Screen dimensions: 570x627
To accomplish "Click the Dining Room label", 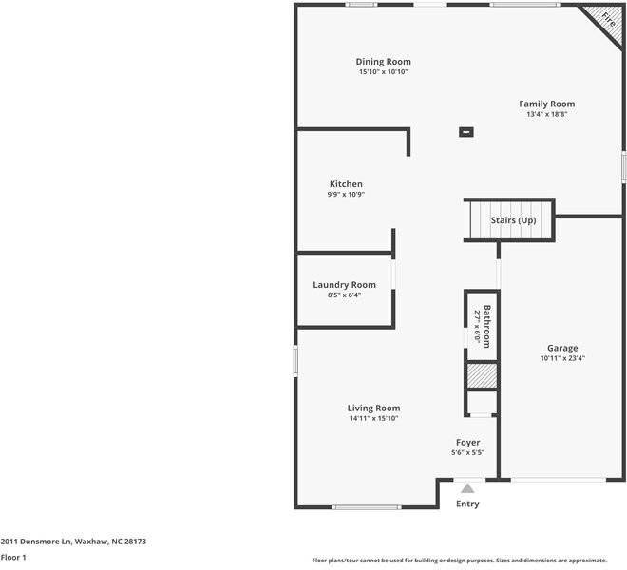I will [x=383, y=62].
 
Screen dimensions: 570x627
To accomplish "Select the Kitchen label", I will [x=346, y=184].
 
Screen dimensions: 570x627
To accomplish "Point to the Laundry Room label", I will [x=344, y=285].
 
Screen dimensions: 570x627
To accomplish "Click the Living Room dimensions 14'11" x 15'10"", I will [x=373, y=418].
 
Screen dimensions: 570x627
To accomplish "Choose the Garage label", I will [x=561, y=348].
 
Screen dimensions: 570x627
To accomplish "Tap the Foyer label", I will [x=467, y=443].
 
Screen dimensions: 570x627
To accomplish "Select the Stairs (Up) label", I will [x=513, y=220].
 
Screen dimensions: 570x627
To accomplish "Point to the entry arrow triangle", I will [x=467, y=488].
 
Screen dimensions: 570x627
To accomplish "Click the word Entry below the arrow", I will [x=467, y=503].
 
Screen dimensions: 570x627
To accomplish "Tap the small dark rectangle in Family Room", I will [x=465, y=132].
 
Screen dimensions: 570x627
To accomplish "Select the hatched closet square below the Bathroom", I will [x=482, y=375].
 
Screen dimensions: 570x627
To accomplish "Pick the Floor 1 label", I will [x=13, y=558].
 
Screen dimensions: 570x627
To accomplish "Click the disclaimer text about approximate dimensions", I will [x=466, y=560].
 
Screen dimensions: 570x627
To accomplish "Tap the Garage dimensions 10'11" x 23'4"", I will [x=561, y=358].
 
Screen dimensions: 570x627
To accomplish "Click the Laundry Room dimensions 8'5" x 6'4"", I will [x=344, y=294].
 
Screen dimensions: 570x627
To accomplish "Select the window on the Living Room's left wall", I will [x=295, y=361].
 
